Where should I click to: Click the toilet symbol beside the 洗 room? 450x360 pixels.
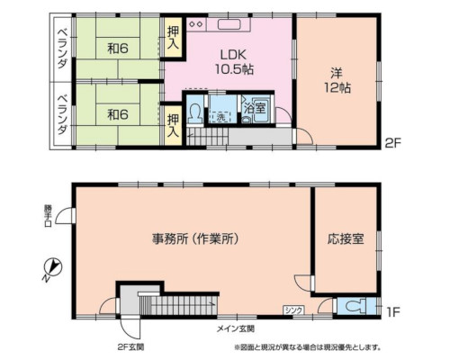[x=195, y=114]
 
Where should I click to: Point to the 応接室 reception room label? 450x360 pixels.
[x=346, y=239]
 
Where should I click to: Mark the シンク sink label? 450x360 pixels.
[x=293, y=310]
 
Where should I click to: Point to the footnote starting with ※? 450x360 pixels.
[x=307, y=346]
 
